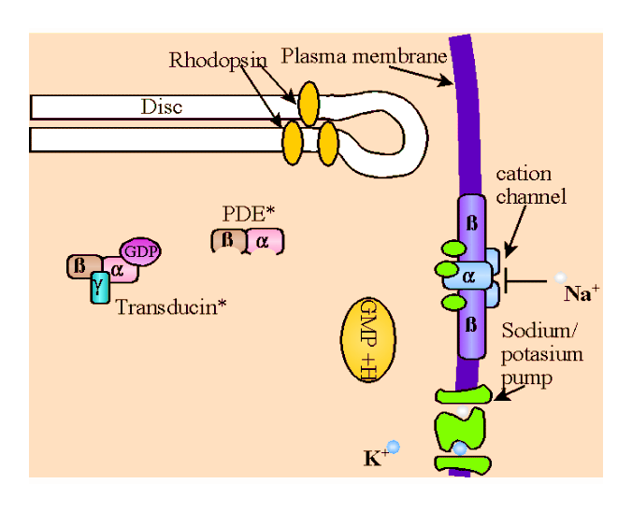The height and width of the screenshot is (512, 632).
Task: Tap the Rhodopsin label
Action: pos(218,61)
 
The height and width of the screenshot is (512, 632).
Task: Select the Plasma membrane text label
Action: pos(364,56)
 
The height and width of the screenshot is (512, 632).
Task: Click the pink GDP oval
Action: pos(141,250)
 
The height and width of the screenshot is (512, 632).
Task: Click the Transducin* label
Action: pos(171,306)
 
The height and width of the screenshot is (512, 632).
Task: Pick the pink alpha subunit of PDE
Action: pos(264,241)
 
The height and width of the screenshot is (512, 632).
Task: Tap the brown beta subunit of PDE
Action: pos(227,240)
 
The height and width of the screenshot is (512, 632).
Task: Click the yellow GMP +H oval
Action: pos(366,340)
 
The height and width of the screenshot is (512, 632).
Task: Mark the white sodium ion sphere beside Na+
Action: pos(560,278)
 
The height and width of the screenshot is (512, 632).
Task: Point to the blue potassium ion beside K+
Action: pos(394,447)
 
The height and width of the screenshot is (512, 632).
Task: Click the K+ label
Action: pos(374,458)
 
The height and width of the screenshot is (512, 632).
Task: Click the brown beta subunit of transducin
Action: pos(79,266)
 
